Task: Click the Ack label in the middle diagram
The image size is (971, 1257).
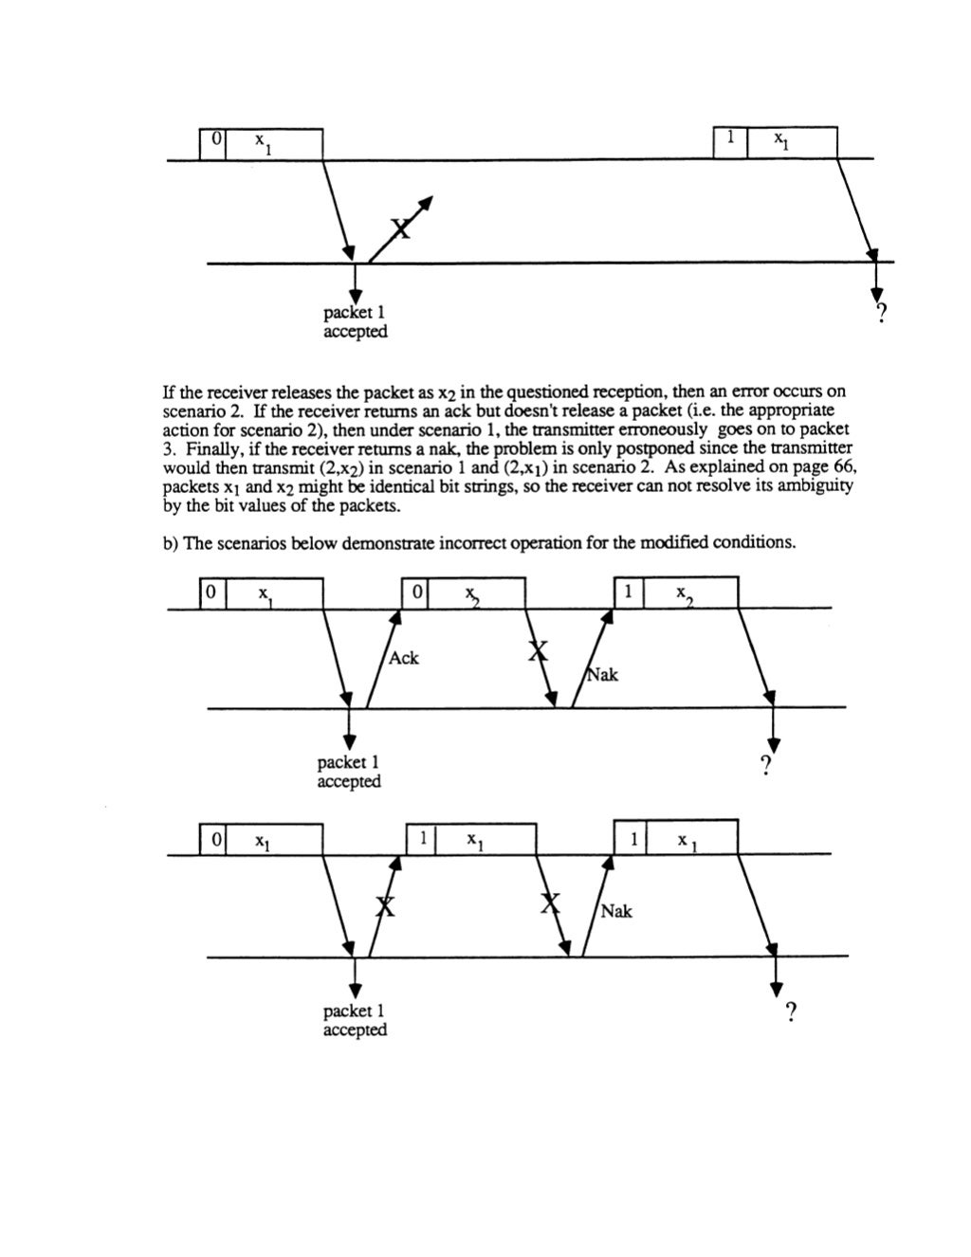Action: (x=403, y=658)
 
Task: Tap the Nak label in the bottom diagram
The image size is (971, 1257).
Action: (x=615, y=911)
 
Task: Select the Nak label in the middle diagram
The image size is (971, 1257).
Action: (x=602, y=675)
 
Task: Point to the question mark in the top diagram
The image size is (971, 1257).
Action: (x=881, y=315)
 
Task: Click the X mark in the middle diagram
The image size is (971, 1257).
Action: (x=538, y=650)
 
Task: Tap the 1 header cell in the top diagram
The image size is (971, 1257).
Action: (x=730, y=138)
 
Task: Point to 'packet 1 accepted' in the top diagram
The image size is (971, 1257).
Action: (x=355, y=322)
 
